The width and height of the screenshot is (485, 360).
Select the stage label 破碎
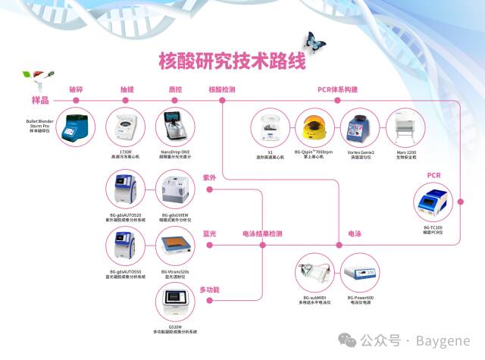pos(76,89)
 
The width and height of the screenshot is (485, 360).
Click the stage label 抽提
pos(127,89)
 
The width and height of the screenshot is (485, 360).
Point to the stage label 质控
pos(175,89)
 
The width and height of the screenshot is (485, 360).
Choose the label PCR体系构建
pos(337,89)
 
